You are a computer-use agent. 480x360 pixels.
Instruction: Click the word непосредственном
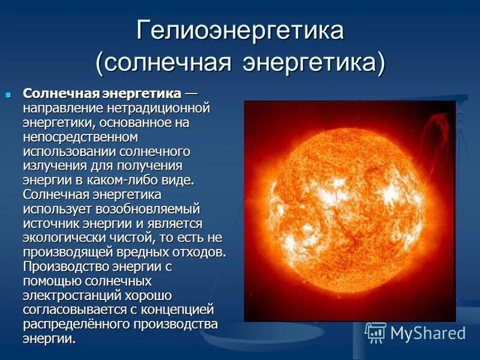73,137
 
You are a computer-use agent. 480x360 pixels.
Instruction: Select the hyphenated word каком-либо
127,181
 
